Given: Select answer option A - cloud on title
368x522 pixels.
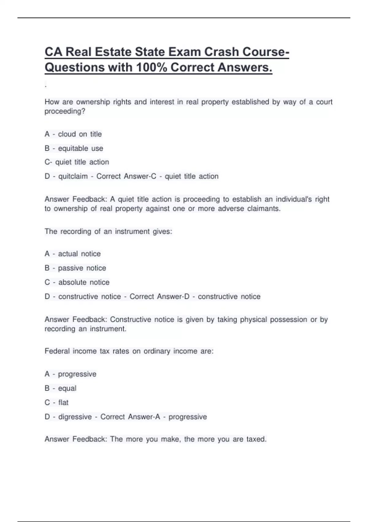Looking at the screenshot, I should tap(73, 134).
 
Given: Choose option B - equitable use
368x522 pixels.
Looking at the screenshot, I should tap(74, 148).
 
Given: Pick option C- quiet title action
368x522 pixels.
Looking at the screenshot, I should tap(77, 162).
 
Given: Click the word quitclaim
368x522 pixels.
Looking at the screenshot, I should tap(73, 176).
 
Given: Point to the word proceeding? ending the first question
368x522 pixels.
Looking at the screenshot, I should tap(65, 111).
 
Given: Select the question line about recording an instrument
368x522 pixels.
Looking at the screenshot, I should tap(108, 232).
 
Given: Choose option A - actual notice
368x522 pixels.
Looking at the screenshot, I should tap(72, 254).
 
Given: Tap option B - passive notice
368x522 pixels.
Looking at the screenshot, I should tap(75, 268).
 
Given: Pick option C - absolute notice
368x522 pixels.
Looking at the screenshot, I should tap(77, 282).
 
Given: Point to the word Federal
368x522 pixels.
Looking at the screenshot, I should tap(57, 351).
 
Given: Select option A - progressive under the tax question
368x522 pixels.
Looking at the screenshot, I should tap(70, 374).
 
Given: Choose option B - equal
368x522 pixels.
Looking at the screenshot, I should tap(60, 388).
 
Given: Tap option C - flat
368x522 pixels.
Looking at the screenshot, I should tap(56, 403).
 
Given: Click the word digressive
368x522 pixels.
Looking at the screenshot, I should tap(75, 417).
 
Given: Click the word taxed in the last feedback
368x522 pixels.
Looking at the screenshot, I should tap(256, 439).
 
